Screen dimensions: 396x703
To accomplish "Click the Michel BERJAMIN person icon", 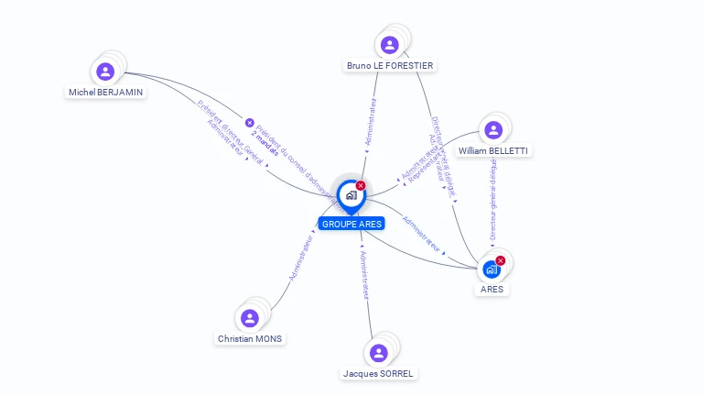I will [x=105, y=71].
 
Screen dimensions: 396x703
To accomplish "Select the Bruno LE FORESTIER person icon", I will [x=389, y=45].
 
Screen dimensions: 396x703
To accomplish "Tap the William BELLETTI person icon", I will [x=493, y=130].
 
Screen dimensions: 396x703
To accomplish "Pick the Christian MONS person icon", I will [x=250, y=318].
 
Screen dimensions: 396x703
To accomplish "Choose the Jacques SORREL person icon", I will [x=378, y=353].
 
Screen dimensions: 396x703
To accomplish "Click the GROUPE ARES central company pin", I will [x=351, y=195].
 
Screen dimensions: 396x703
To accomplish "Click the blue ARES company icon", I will [x=492, y=269].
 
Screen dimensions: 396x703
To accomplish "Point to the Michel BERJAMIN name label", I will [x=106, y=93].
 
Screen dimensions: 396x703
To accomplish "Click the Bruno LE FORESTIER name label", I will [x=390, y=66].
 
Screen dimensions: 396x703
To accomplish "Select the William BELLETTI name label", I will [x=493, y=151].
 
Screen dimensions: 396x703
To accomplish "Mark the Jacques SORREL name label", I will [x=379, y=374].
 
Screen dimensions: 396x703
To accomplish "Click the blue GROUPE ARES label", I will [x=351, y=224].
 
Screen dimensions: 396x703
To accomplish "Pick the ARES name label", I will [x=492, y=290].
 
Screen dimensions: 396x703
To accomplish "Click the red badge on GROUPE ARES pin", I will [x=361, y=185].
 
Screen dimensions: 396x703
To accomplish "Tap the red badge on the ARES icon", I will [x=501, y=260].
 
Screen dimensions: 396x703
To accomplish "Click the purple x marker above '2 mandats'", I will [x=249, y=122].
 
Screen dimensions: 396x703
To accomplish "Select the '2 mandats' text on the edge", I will [x=265, y=135].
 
